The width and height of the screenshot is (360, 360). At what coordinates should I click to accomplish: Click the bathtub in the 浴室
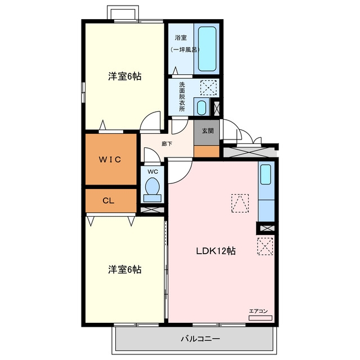tap(207, 49)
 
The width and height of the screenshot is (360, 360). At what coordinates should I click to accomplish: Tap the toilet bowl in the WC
tap(152, 186)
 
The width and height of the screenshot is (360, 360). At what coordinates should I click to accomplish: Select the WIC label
tap(110, 159)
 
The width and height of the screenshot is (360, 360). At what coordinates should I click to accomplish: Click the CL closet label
tap(109, 201)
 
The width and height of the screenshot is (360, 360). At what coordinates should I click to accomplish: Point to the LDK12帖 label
tap(216, 251)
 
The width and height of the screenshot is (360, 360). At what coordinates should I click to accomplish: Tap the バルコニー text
tap(200, 339)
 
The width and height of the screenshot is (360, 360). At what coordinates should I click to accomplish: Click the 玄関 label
tap(208, 131)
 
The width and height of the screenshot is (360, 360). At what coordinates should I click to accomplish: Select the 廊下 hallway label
tap(166, 144)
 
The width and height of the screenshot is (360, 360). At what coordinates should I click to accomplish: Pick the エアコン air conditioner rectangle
tap(260, 318)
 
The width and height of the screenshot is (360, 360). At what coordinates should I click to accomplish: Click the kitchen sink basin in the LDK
tap(265, 174)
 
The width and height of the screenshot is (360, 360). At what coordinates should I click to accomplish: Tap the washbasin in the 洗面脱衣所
tap(201, 107)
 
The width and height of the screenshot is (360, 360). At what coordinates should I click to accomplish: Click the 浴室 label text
tap(181, 38)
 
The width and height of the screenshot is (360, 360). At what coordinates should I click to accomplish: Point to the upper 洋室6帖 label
tap(125, 76)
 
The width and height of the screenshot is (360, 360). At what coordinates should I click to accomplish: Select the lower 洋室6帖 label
tap(125, 269)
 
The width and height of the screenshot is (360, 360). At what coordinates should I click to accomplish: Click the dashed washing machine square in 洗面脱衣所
tap(209, 88)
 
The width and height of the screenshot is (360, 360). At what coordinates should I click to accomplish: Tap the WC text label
tap(152, 172)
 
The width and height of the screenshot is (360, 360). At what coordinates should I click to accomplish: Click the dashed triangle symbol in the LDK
tap(240, 203)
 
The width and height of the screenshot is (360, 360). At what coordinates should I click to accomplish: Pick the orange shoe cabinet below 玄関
tap(206, 151)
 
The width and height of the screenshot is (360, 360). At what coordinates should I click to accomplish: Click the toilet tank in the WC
tap(152, 198)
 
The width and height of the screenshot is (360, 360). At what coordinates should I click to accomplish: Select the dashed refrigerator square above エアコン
tap(265, 246)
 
